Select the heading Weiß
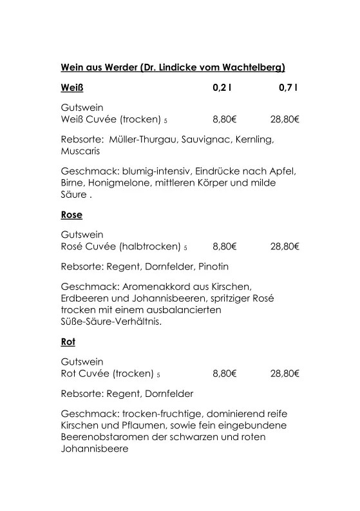pos(72,88)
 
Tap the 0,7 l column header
pos(288,88)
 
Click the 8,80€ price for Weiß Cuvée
pos(225,119)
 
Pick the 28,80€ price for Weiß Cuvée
pos(285,119)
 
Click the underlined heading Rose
pos(71,215)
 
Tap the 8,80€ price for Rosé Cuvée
pos(225,246)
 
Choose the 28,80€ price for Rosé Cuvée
pos(285,246)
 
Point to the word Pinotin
pos(213,266)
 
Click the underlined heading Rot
pos(68,342)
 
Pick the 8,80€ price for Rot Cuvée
pos(225,373)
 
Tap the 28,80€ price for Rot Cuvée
pos(285,373)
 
